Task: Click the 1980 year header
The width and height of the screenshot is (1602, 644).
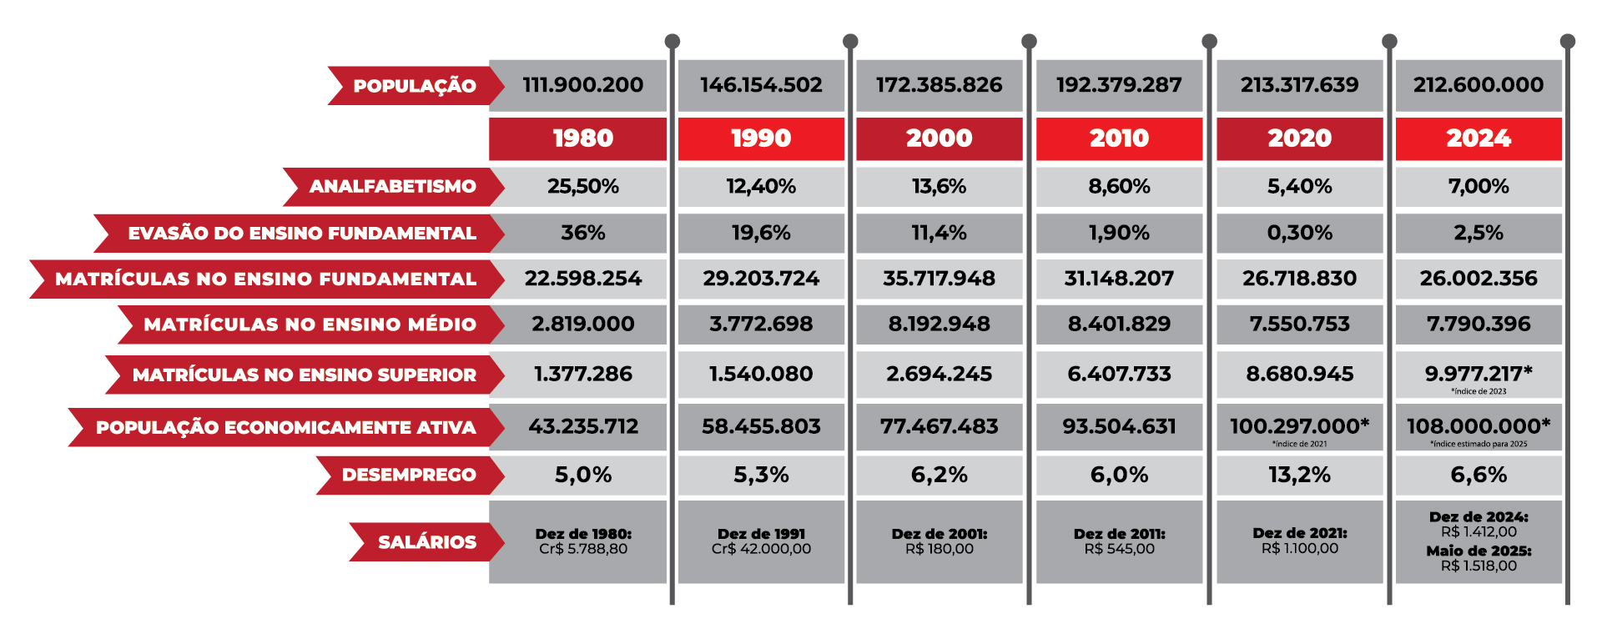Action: coord(582,138)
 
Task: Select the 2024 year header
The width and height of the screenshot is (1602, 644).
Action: coord(1478,138)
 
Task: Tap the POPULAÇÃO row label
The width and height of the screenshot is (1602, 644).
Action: coord(415,86)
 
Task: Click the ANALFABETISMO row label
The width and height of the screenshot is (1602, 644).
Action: coord(392,187)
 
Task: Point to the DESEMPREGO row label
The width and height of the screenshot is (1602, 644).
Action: coord(409,475)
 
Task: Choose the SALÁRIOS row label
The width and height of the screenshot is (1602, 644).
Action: coord(427,542)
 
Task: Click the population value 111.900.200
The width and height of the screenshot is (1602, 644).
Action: coord(582,85)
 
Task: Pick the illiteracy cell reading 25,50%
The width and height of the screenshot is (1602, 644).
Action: coord(582,187)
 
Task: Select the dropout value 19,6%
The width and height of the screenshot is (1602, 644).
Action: coord(761,233)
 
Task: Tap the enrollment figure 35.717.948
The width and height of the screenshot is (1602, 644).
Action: coord(939,279)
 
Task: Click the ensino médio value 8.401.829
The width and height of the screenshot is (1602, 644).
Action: coord(1119,324)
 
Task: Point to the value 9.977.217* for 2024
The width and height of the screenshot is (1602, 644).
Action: coord(1478,374)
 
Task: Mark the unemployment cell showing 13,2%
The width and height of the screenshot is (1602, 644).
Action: coord(1299,475)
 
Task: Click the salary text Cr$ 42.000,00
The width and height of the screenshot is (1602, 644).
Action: coord(761,549)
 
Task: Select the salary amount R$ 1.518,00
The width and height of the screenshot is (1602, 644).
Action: coord(1479,566)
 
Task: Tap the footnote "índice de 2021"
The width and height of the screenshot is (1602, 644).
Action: coord(1299,444)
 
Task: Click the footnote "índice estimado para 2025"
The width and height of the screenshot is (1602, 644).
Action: coord(1478,444)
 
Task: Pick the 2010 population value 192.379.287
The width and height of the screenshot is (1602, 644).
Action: coord(1119,85)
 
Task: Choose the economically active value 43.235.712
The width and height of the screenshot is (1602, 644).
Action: coord(582,427)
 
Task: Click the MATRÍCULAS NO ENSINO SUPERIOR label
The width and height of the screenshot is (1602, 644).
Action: coord(305,375)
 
